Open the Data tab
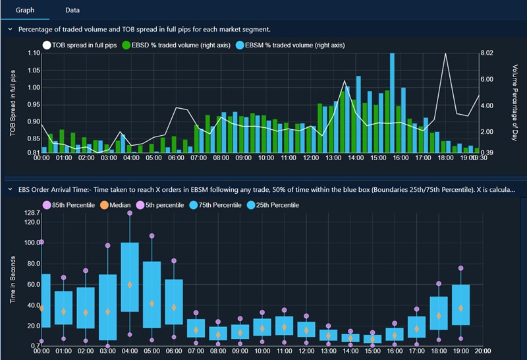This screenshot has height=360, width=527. pyautogui.click(x=73, y=11)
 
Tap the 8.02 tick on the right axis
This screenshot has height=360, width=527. pyautogui.click(x=487, y=53)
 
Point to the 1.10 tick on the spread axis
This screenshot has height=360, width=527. pyautogui.click(x=30, y=53)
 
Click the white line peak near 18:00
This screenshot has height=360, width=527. pyautogui.click(x=447, y=54)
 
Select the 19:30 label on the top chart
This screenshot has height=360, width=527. pyautogui.click(x=480, y=158)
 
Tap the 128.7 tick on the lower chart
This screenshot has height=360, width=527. pyautogui.click(x=30, y=212)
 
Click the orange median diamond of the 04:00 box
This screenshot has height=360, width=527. pyautogui.click(x=130, y=284)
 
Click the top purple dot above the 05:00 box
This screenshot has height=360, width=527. pyautogui.click(x=152, y=235)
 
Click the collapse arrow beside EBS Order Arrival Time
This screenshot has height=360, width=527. pyautogui.click(x=10, y=189)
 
